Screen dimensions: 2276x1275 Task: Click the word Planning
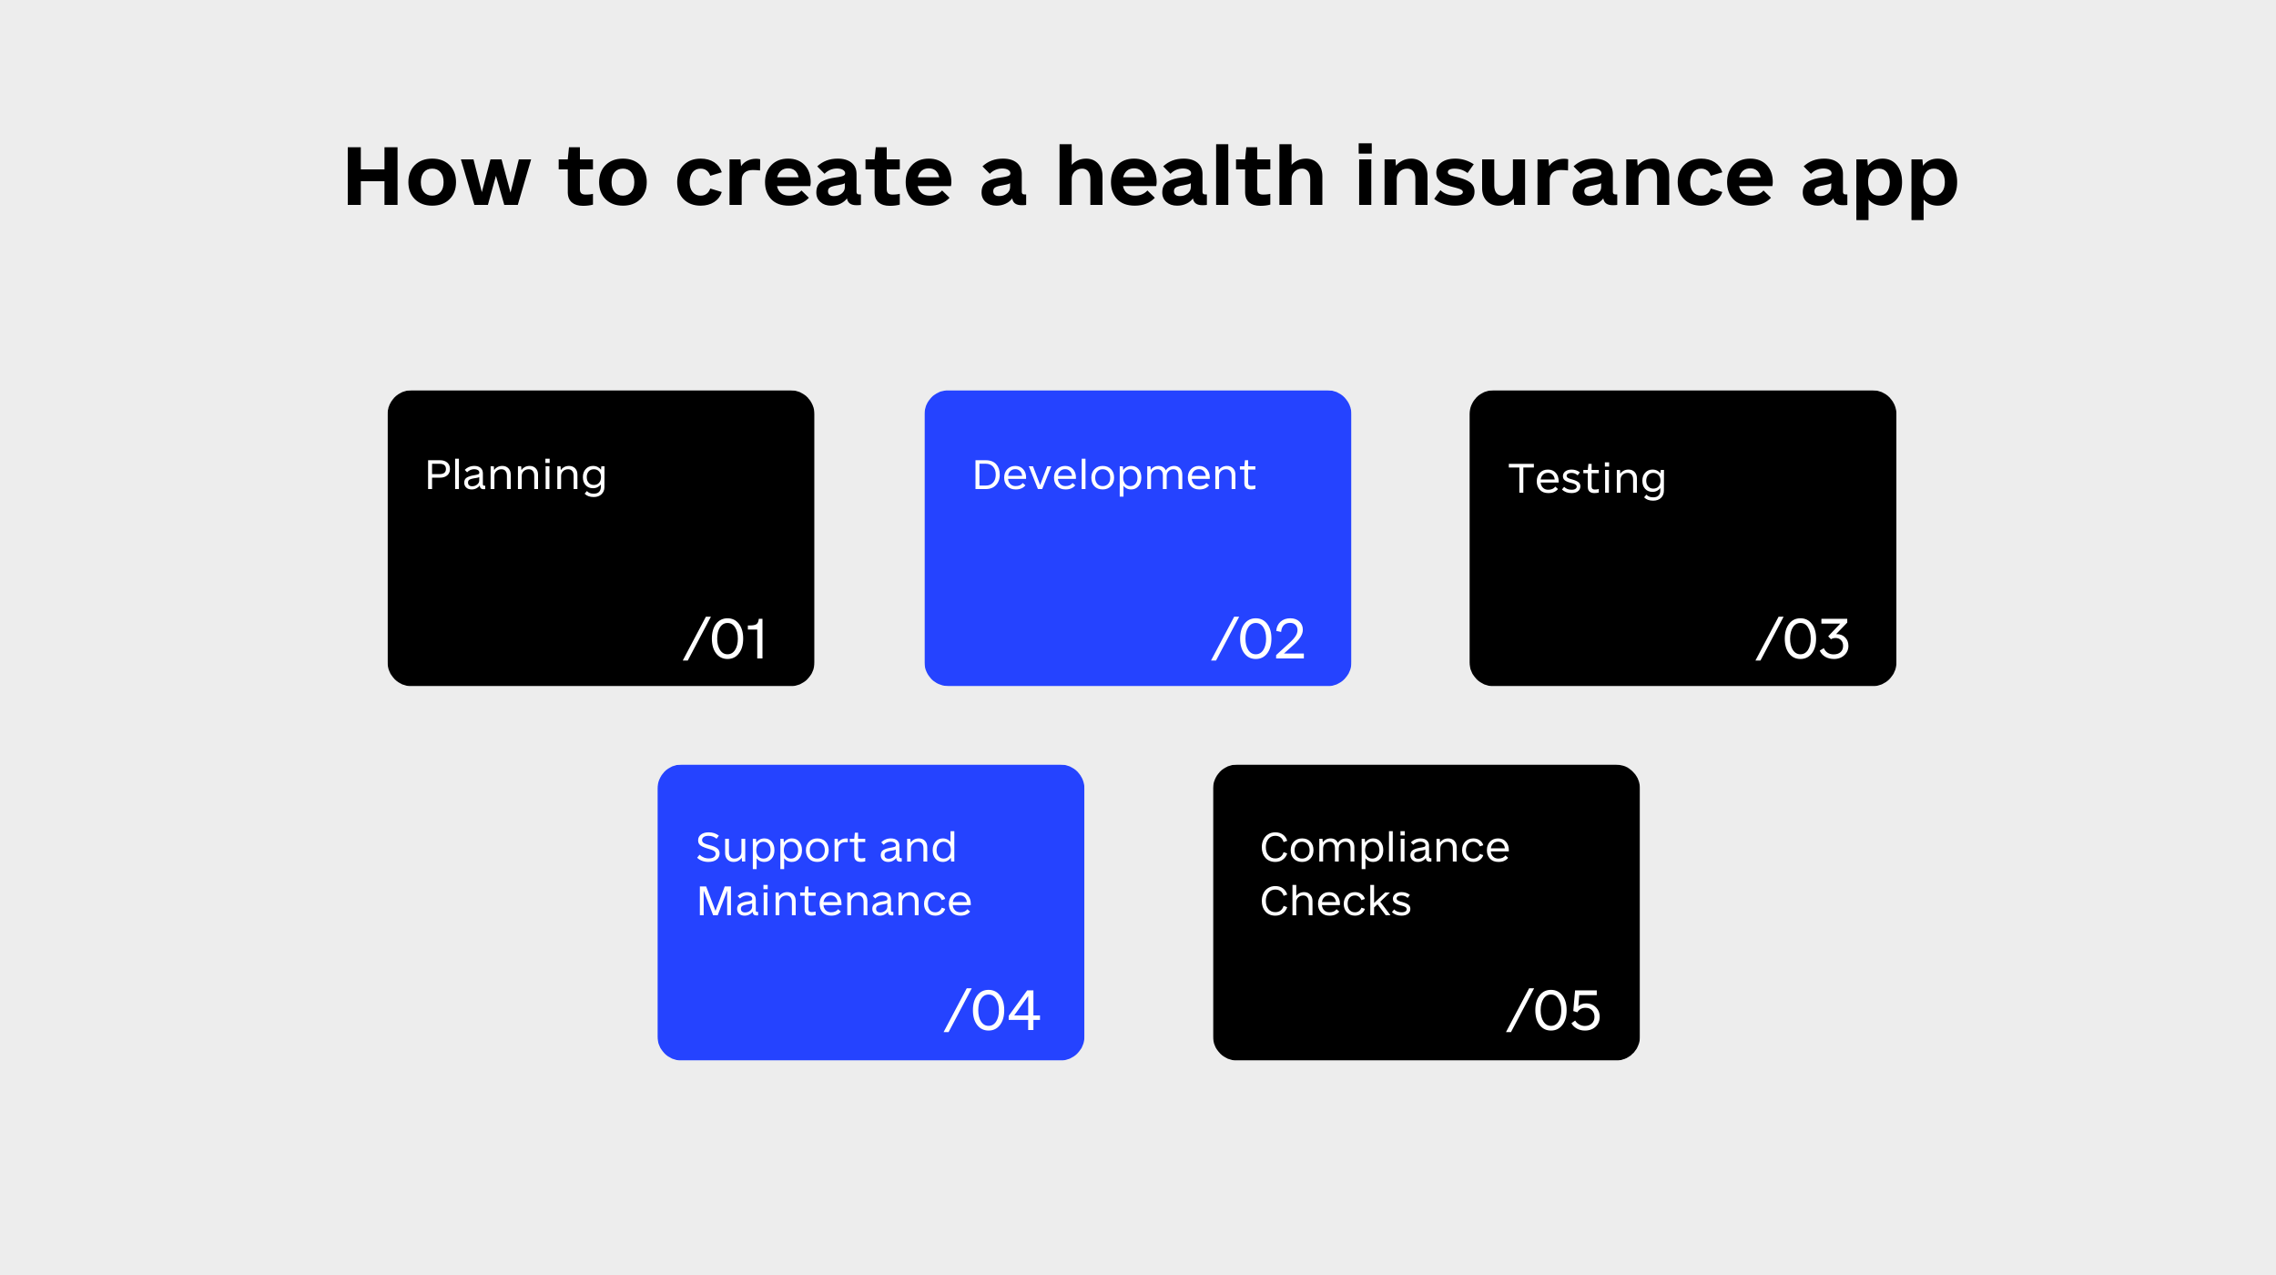tap(515, 476)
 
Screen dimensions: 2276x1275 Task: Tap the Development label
tap(1114, 476)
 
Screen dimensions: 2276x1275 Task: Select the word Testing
tap(1587, 479)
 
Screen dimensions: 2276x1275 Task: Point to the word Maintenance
tap(834, 902)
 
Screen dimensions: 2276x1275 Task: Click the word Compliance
tap(1385, 849)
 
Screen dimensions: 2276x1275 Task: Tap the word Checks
tap(1336, 902)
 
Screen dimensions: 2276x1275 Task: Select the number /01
tap(726, 638)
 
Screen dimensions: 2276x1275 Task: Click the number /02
tap(1259, 638)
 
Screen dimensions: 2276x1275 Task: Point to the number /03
tap(1804, 638)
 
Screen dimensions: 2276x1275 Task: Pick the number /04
tap(992, 1010)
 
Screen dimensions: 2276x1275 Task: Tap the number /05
tap(1554, 1010)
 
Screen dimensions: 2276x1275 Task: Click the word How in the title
tap(438, 177)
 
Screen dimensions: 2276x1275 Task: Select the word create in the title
tap(814, 177)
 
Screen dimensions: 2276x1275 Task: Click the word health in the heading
tap(1190, 177)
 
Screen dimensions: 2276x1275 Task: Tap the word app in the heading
tap(1879, 182)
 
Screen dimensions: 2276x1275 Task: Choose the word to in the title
tap(604, 177)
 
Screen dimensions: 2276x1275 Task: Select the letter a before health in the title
tap(1002, 181)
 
